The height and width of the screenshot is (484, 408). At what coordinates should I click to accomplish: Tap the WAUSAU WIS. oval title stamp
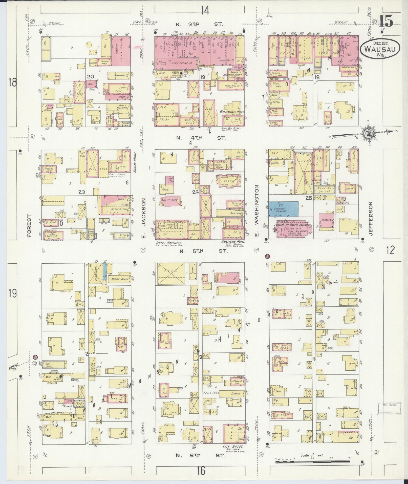coord(380,50)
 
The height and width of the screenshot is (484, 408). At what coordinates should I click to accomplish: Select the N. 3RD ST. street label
coord(200,25)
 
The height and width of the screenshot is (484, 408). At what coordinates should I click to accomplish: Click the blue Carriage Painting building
coord(283,209)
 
